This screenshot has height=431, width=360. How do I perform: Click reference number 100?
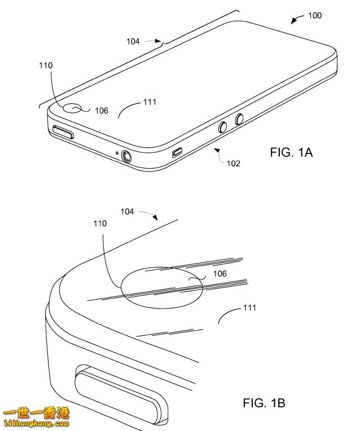315,15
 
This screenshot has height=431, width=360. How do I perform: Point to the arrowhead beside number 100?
293,22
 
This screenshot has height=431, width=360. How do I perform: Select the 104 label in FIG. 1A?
133,41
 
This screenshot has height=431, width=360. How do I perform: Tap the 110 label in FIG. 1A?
46,65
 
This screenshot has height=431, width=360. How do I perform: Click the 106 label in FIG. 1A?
102,111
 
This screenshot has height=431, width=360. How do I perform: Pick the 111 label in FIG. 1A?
150,102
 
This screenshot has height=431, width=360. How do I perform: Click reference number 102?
233,164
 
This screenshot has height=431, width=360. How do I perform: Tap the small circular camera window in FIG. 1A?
72,108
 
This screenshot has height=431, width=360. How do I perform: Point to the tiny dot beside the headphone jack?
116,152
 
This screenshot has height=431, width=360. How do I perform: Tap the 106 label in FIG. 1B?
220,274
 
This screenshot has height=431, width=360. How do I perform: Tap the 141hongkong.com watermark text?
35,423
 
